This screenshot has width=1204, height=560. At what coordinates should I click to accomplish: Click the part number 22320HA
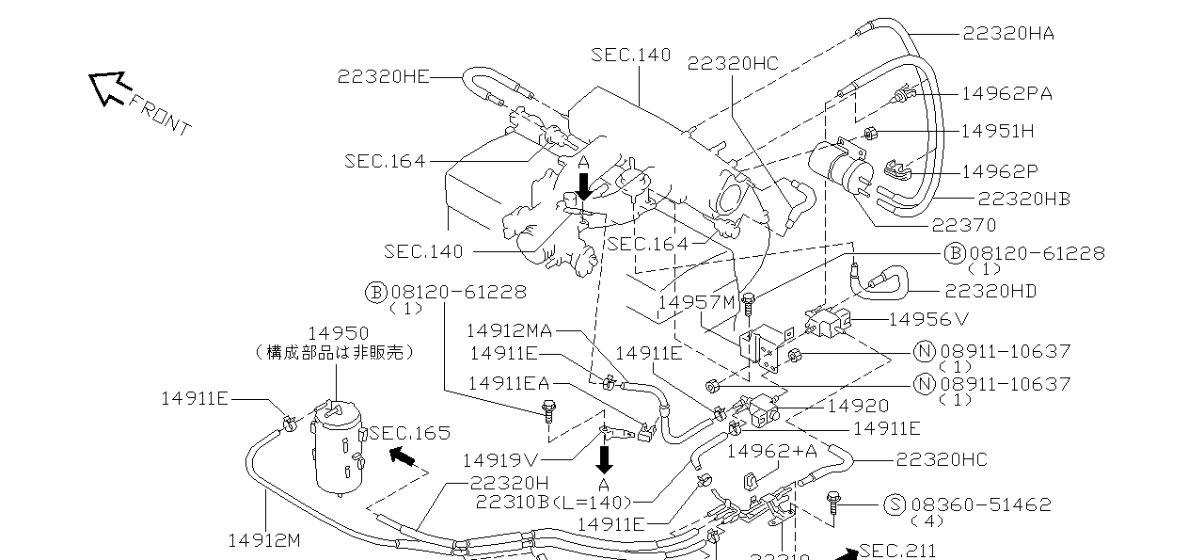tap(1008, 34)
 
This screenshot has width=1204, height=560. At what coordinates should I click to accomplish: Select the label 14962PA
tap(1006, 93)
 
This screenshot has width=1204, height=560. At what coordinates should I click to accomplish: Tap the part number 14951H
tap(997, 132)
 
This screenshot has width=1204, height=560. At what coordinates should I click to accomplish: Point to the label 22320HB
tap(1023, 199)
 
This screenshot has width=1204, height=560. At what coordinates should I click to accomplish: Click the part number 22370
tap(964, 225)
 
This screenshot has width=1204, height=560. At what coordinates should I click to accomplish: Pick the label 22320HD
tap(990, 291)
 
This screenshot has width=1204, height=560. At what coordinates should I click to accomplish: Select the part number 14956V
tap(928, 319)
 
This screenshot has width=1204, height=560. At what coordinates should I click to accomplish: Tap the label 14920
tap(857, 406)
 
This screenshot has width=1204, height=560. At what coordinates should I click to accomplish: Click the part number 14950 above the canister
tap(339, 334)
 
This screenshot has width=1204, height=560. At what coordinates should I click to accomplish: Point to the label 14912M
tap(264, 540)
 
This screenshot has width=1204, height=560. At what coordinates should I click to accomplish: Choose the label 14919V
tap(499, 460)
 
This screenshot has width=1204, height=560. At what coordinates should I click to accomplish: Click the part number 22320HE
tap(384, 77)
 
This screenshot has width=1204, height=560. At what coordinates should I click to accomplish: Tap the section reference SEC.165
tap(410, 433)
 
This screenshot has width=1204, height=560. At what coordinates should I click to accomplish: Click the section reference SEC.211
tap(898, 551)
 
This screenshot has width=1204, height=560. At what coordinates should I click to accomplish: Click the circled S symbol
tap(895, 504)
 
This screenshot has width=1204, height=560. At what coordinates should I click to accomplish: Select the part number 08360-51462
tap(981, 504)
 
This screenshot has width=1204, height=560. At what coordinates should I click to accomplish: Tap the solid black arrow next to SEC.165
tap(402, 457)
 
